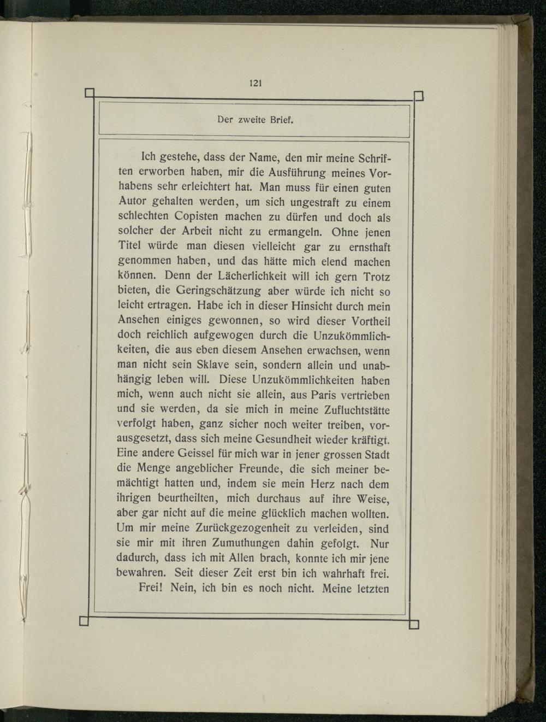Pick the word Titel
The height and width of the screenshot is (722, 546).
point(130,248)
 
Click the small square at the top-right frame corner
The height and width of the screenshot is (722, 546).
point(419,97)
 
